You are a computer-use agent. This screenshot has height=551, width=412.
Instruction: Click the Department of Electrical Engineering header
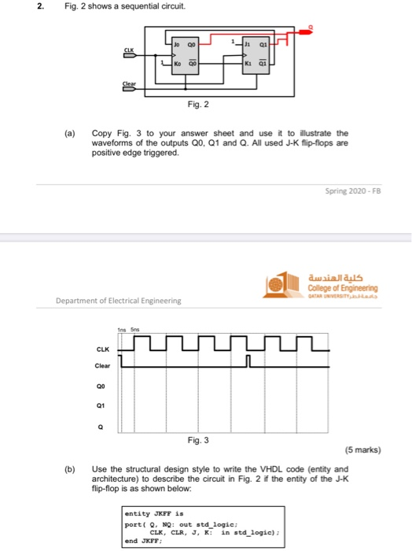tap(118, 300)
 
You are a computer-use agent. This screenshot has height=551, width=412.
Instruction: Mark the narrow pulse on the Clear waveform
tap(248, 362)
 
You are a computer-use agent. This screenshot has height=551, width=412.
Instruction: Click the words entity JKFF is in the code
tap(153, 514)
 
